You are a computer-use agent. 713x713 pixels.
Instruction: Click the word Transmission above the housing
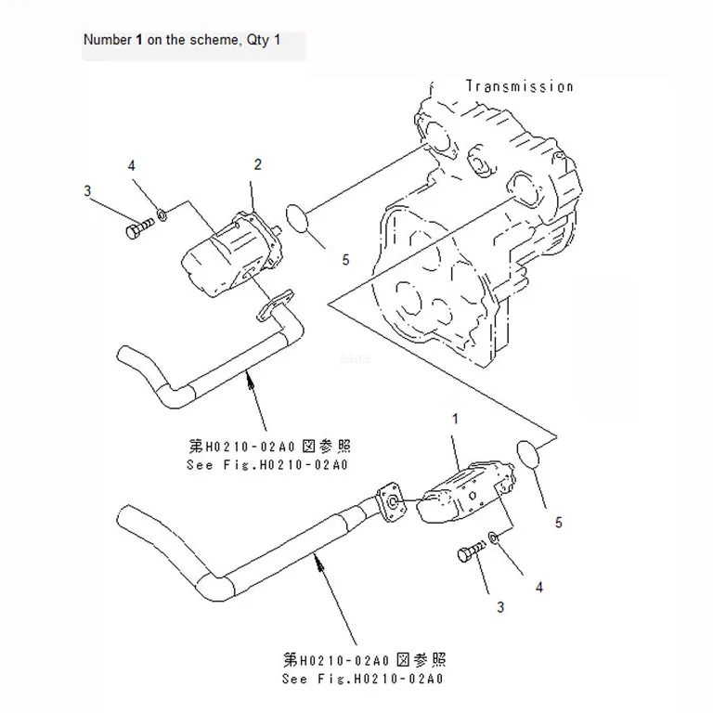(519, 86)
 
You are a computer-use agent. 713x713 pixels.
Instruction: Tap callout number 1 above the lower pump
(455, 419)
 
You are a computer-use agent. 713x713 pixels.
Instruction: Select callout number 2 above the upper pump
(258, 164)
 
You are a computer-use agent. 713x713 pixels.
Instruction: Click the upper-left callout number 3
(87, 191)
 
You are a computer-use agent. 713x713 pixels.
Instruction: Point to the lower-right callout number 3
(500, 607)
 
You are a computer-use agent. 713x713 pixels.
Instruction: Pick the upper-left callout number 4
(132, 165)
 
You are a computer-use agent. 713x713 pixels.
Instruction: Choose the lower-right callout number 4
(539, 588)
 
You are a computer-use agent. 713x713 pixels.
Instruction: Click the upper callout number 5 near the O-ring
(345, 260)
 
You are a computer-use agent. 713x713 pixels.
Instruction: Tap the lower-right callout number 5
(558, 523)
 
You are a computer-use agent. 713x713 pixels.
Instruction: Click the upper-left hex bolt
(139, 228)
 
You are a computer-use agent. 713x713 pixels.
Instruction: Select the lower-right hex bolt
(471, 551)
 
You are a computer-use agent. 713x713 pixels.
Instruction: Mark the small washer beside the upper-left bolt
(162, 214)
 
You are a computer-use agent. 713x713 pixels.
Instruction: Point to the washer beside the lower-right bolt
(494, 537)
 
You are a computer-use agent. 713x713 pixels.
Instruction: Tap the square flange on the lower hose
(391, 502)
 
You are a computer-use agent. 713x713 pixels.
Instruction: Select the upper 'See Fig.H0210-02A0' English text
(267, 465)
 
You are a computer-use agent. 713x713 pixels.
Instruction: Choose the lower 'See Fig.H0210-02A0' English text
(362, 679)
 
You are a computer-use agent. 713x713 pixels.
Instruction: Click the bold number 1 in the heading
(139, 40)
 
